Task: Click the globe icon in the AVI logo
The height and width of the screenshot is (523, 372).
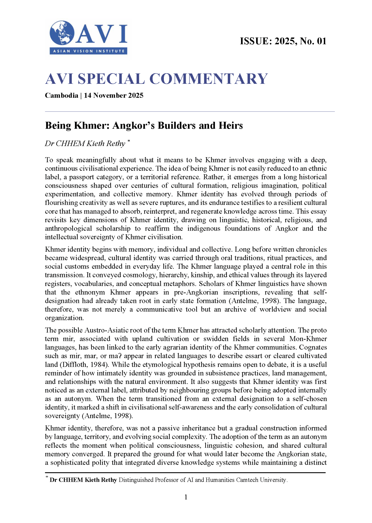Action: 62,33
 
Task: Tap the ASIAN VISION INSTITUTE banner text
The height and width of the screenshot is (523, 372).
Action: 89,51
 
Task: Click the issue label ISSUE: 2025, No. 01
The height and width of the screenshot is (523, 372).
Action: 283,41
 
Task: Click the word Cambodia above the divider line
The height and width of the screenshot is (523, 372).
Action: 61,96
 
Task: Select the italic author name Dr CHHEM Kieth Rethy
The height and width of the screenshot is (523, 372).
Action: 85,144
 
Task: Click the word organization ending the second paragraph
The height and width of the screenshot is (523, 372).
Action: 64,318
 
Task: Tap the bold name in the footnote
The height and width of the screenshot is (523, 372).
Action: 83,480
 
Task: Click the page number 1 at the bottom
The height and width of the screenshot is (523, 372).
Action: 186,497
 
